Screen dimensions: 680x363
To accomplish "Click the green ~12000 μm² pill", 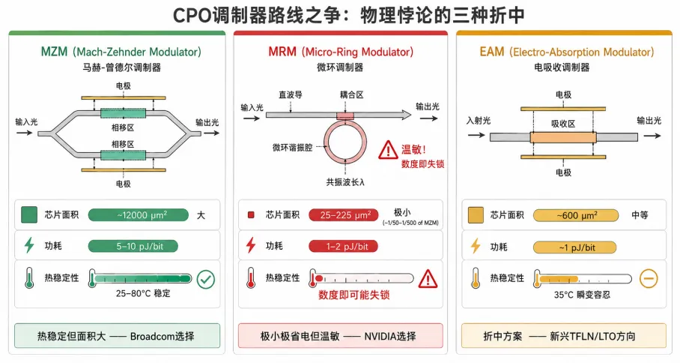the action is coord(139,215).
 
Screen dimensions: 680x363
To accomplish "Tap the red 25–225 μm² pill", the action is coord(344,215).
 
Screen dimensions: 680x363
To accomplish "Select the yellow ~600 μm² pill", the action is coord(576,215).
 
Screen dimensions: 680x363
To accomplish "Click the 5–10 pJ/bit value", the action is coord(133,246).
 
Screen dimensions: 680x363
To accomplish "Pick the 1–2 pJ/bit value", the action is coord(343,247).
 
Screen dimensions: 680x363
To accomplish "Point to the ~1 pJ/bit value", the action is coord(574,247).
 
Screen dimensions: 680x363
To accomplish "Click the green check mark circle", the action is coord(205,280).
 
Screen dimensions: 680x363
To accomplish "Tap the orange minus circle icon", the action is coord(649,279).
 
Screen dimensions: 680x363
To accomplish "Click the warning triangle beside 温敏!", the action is coord(388,150).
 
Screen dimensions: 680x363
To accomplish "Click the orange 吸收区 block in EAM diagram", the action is coord(563,137).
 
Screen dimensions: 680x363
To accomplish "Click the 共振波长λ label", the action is coord(345,182).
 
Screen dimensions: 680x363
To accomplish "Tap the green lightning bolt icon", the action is coord(29,245).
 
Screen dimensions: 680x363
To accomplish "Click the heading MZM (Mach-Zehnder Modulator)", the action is coord(121,52).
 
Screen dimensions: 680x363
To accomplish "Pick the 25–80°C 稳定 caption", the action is coord(143,293).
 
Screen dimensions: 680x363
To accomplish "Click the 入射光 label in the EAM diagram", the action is coord(479,121).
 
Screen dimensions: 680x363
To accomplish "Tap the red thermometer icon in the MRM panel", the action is coord(251,278).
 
